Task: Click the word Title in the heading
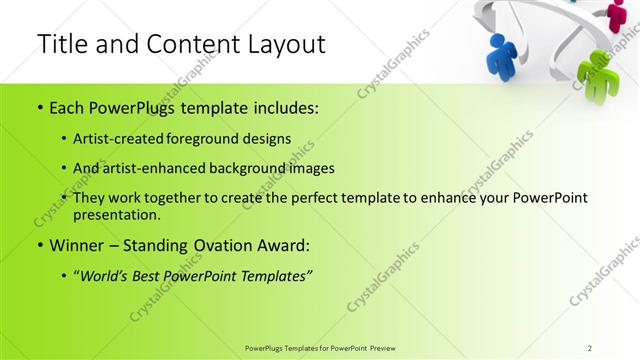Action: pos(61,44)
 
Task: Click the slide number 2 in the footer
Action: pos(590,347)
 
